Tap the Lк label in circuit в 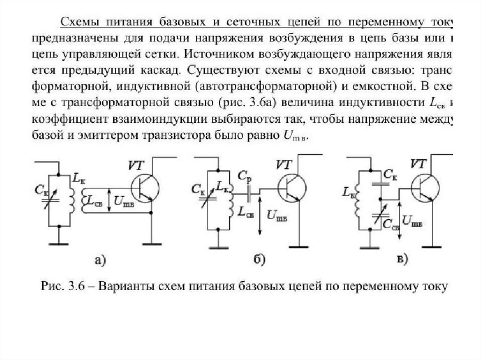coord(348,192)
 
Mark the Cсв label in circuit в coord(389,224)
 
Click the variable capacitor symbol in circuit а coord(58,199)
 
